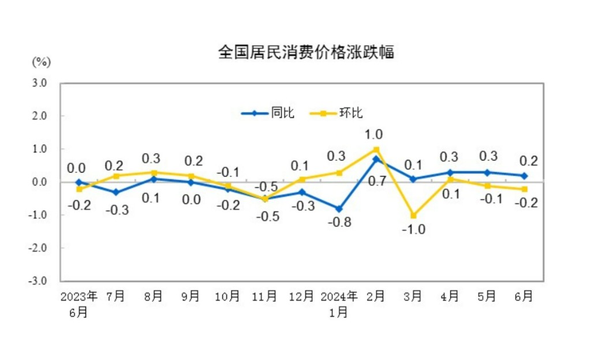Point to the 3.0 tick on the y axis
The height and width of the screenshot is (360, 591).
(39, 83)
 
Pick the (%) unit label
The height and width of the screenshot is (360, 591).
(42, 61)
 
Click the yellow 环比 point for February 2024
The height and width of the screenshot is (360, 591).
(376, 149)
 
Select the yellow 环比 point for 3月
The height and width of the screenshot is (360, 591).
(413, 215)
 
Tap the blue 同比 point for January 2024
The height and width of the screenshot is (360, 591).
(339, 209)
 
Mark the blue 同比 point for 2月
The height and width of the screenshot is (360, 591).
(376, 159)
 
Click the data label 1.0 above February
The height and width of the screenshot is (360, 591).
(374, 134)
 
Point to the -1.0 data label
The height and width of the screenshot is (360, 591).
(414, 230)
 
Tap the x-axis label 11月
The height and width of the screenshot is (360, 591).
(265, 297)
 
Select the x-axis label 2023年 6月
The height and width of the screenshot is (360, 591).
(79, 304)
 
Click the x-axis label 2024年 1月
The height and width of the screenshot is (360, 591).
(339, 304)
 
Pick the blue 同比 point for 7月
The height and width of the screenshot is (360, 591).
(116, 192)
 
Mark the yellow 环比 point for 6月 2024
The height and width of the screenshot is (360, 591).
(525, 189)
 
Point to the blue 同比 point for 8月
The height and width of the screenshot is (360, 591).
(154, 179)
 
